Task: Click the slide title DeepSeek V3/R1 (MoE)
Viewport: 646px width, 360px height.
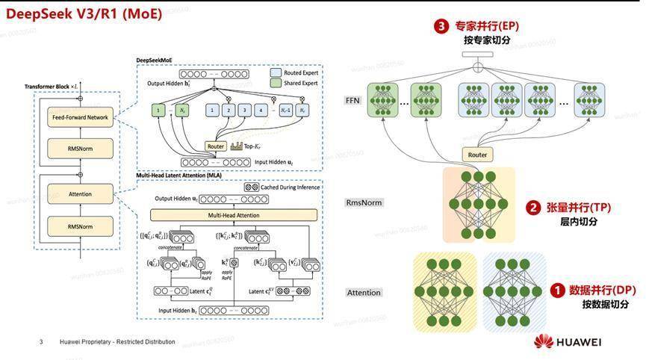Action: tap(84, 13)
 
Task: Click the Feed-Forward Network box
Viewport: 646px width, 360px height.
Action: tap(80, 117)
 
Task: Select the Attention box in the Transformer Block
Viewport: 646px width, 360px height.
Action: tap(80, 194)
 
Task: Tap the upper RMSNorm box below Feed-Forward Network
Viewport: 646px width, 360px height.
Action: tap(80, 148)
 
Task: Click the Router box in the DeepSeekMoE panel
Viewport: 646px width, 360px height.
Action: tap(216, 146)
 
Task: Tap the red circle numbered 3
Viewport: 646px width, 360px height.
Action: tap(442, 27)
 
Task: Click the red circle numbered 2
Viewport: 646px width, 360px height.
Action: tap(533, 208)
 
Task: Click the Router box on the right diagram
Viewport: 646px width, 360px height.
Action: tap(477, 155)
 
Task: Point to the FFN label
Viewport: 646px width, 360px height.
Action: tap(352, 101)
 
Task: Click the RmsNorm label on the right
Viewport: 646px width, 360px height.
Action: tap(364, 202)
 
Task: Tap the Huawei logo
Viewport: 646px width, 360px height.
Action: tap(568, 342)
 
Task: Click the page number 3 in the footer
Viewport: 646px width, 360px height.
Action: tap(41, 342)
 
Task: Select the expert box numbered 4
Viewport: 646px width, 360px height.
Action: tap(261, 111)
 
